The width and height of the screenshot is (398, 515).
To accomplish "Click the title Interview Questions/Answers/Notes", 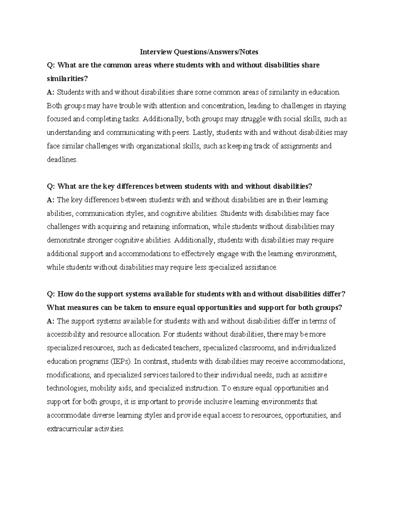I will (x=199, y=52).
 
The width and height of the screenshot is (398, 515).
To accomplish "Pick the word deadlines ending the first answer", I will (x=62, y=160).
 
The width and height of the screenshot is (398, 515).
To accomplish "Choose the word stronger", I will (x=99, y=240).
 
